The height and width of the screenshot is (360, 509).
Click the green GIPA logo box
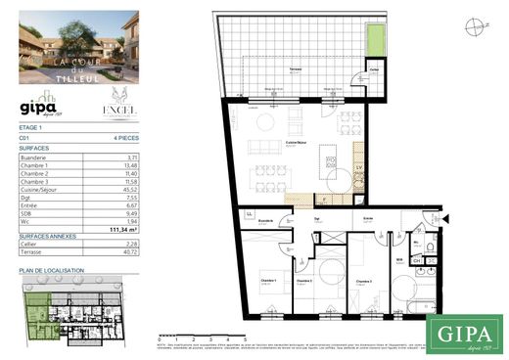(465, 332)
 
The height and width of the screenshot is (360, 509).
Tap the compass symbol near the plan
(475, 26)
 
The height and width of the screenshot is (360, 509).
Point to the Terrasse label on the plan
(294, 74)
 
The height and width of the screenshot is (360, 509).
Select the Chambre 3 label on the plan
(363, 281)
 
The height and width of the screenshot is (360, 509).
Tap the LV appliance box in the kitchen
(359, 167)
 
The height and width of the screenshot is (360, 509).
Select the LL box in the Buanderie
(250, 214)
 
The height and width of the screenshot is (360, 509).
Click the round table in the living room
(266, 121)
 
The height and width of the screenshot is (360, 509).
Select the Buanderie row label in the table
(34, 157)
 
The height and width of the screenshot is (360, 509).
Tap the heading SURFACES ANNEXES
(46, 237)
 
